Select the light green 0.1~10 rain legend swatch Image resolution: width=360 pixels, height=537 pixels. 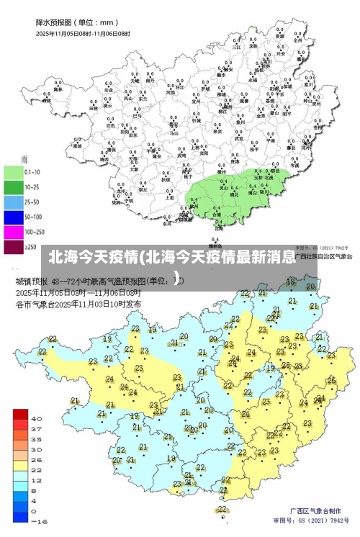[x=14, y=173]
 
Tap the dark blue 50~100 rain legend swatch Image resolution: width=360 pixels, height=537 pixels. [x=14, y=216]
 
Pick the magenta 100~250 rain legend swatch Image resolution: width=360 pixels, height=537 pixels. [x=14, y=232]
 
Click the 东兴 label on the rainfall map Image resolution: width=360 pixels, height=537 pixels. [x=168, y=223]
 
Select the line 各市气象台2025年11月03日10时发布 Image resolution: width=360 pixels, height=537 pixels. [x=78, y=304]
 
